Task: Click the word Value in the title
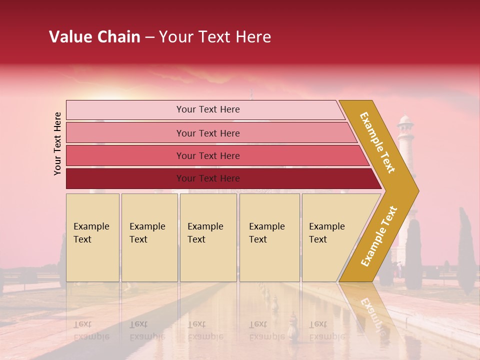pos(70,37)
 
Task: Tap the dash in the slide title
pos(149,37)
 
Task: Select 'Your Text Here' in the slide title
pos(215,37)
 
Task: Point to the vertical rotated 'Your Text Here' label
pos(57,143)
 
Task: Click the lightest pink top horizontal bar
pos(207,109)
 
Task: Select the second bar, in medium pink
pos(207,133)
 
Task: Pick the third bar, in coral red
pos(207,156)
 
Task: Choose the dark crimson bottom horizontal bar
pos(207,178)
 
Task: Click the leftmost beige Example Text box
pos(92,237)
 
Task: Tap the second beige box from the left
pos(149,237)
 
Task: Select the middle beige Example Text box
pos(208,237)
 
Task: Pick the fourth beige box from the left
pos(269,237)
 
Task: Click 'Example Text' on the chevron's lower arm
pos(379,236)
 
